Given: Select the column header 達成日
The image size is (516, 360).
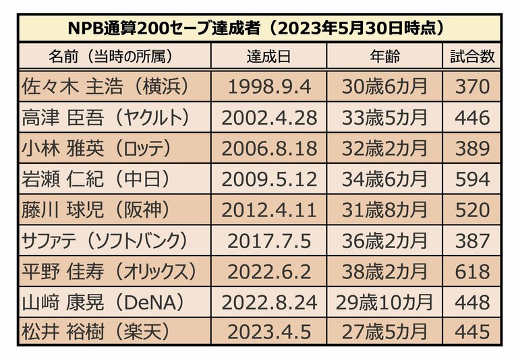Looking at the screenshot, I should point(268,57).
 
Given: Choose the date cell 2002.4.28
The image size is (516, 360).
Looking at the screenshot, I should point(268,118).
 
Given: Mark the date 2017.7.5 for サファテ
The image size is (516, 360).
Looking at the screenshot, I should point(268,241).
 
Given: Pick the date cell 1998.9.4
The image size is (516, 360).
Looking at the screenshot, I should point(268,87).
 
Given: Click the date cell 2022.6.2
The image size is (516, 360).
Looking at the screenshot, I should point(268,272).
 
